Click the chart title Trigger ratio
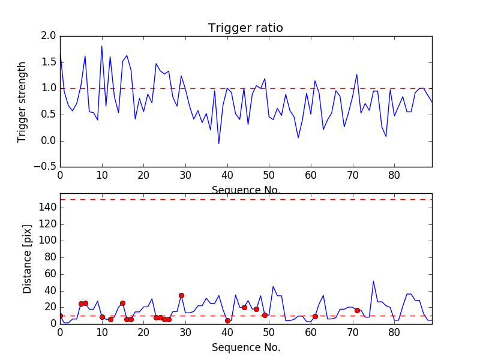point(245,28)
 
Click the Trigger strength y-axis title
point(22,101)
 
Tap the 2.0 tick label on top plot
point(49,37)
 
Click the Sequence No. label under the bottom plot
point(245,347)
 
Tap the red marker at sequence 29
point(181,295)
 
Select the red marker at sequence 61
point(315,316)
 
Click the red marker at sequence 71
point(357,310)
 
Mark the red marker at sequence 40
point(227,321)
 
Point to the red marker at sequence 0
point(60,316)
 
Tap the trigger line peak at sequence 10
point(102,46)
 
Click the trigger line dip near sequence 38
point(219,143)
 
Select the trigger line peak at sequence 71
point(357,74)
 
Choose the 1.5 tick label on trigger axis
point(49,62)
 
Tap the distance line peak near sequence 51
point(273,287)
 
